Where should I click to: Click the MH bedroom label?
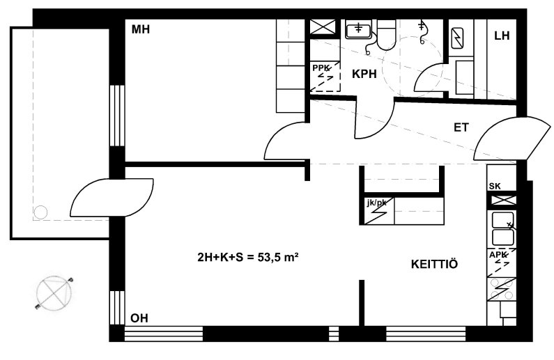[141, 29]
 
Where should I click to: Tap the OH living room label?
[139, 318]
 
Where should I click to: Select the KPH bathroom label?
[364, 74]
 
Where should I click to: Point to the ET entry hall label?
[461, 127]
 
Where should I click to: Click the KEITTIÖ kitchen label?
[434, 264]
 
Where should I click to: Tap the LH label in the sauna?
[502, 36]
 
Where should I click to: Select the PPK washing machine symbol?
[325, 77]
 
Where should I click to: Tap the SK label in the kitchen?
[495, 186]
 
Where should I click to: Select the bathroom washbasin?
[358, 29]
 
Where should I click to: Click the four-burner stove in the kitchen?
[502, 289]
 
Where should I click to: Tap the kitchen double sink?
[502, 228]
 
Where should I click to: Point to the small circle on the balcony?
[40, 212]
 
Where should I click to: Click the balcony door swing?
[112, 198]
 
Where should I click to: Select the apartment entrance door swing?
[512, 139]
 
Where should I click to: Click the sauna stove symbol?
[459, 38]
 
